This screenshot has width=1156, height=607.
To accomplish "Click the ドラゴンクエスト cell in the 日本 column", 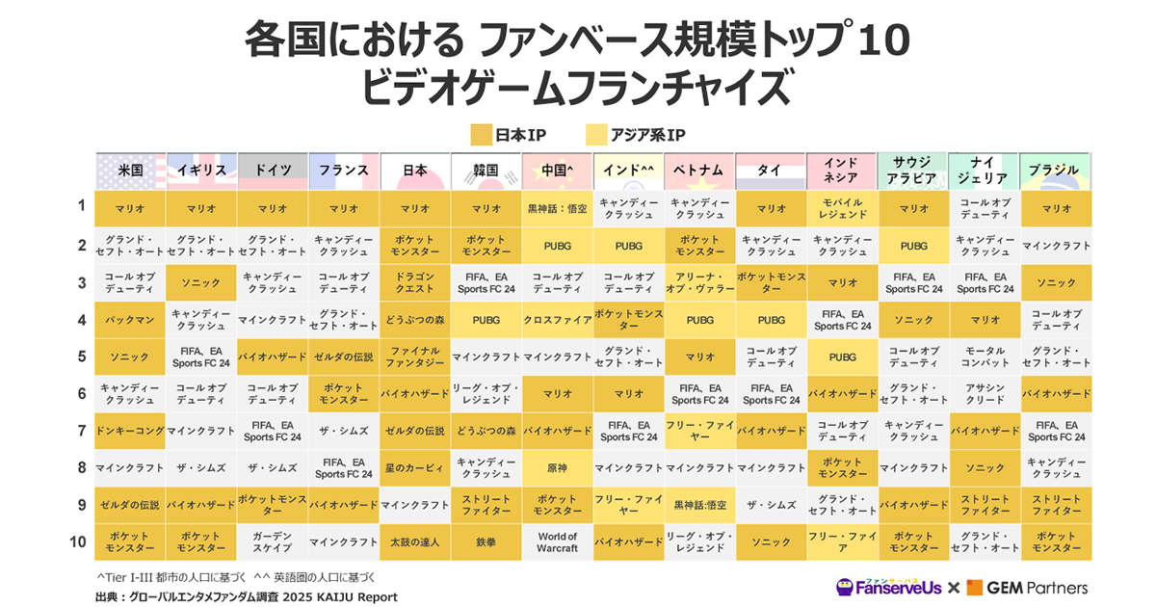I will (414, 282).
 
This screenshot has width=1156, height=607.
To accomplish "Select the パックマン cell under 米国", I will (130, 320).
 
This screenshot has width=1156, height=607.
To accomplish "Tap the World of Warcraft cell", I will (557, 542).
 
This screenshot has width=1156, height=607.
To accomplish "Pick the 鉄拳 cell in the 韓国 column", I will (486, 542).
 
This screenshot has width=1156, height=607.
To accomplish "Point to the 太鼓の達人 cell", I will (414, 542).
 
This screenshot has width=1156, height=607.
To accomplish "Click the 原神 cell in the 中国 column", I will (557, 467).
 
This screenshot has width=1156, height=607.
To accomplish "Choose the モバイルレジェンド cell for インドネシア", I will (842, 208).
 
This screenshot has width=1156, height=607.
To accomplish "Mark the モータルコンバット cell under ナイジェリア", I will (985, 356).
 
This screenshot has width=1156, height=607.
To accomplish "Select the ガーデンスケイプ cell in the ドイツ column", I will (272, 542).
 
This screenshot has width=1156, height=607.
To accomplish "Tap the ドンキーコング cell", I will (130, 431).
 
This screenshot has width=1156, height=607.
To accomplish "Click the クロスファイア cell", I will (557, 320).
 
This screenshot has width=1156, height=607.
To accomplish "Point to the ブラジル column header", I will (1054, 171).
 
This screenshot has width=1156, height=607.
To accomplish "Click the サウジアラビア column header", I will (912, 171).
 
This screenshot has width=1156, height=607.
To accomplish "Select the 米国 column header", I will (130, 171).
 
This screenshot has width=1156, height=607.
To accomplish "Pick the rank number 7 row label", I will (82, 430).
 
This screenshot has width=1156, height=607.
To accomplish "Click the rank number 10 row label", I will (79, 541).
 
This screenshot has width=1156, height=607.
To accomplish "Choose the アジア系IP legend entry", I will (636, 134).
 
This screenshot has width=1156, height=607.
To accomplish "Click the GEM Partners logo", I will (1028, 587).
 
